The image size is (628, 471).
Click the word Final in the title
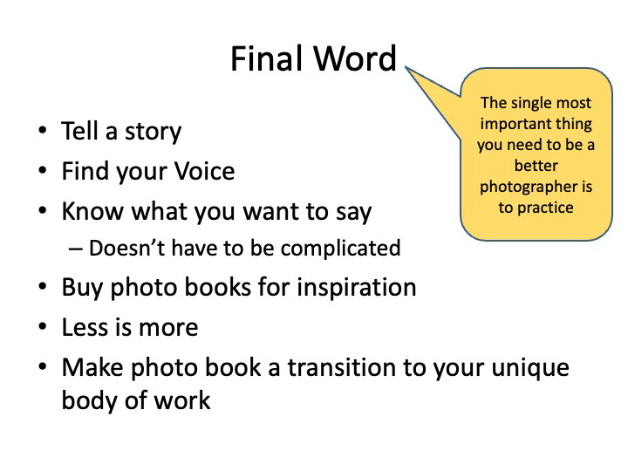pyautogui.click(x=267, y=58)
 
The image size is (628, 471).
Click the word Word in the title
pyautogui.click(x=355, y=58)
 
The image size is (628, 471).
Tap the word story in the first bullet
pyautogui.click(x=153, y=132)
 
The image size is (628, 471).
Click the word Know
pyautogui.click(x=92, y=211)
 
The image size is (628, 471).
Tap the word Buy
pyautogui.click(x=82, y=289)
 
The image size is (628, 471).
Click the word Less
pyautogui.click(x=85, y=327)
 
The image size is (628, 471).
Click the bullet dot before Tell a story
pyautogui.click(x=43, y=130)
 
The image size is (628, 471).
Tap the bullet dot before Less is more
pyautogui.click(x=43, y=327)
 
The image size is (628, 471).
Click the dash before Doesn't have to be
pyautogui.click(x=75, y=249)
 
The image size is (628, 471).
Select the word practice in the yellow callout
pyautogui.click(x=545, y=208)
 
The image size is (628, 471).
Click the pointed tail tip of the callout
pyautogui.click(x=406, y=67)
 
